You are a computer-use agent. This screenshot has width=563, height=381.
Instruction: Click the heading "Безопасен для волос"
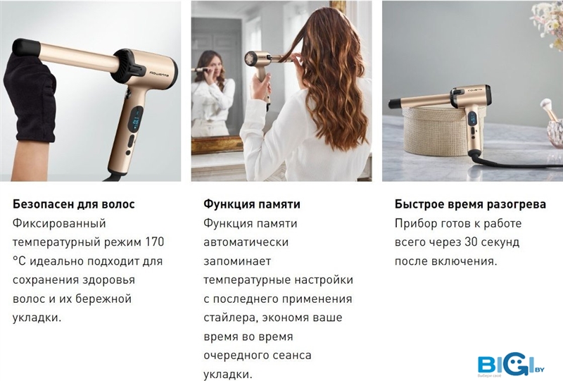(74, 204)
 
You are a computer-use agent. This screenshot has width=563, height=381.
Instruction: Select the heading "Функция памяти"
(252, 204)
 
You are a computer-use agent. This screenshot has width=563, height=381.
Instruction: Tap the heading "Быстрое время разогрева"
(470, 204)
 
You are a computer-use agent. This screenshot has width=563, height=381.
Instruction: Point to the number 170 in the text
(154, 242)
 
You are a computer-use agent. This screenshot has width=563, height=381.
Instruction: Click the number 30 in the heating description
(471, 242)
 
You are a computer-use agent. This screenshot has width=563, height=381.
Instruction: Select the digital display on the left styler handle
(137, 120)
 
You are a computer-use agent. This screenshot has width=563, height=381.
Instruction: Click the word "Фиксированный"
(59, 223)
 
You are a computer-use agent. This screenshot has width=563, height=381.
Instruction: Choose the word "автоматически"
(246, 242)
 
